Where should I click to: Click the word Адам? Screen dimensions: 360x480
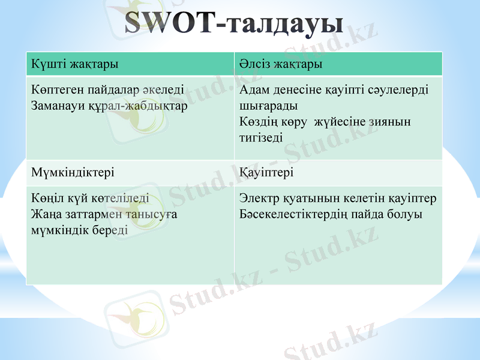pos(254,91)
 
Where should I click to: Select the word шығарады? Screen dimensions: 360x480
pos(268,106)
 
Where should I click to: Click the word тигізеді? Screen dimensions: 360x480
pos(261,137)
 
